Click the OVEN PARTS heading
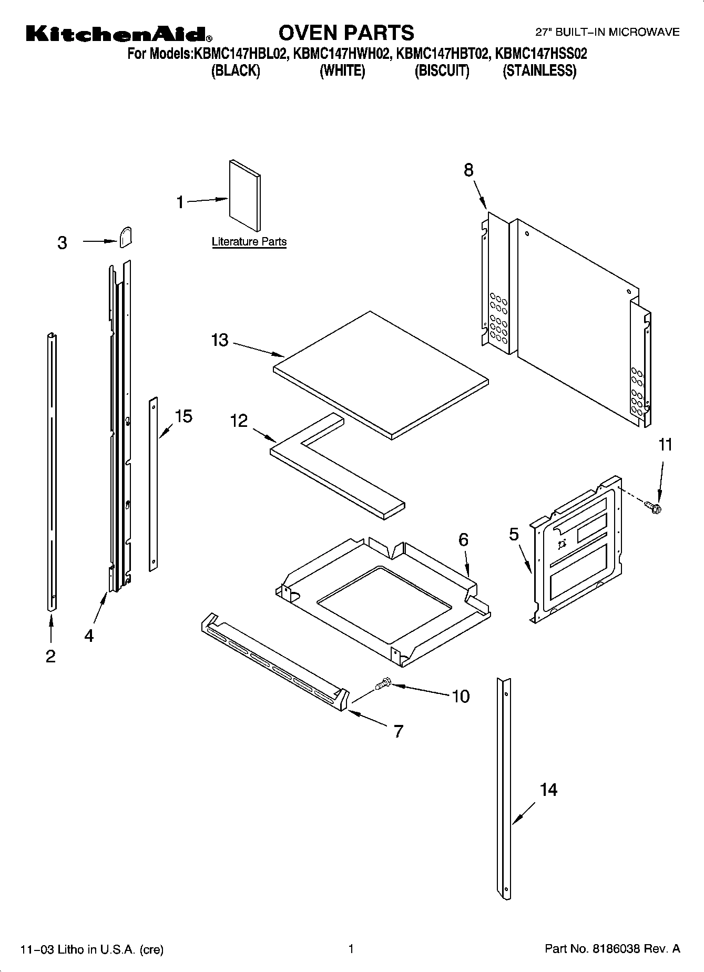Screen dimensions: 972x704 (346, 33)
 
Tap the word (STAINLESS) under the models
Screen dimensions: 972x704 (539, 70)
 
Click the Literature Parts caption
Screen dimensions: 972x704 (249, 242)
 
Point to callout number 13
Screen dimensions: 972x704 (220, 340)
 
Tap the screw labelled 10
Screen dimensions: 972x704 (383, 683)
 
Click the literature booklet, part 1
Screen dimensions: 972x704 (244, 196)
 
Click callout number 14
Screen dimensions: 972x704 (548, 790)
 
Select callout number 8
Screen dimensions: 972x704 (468, 170)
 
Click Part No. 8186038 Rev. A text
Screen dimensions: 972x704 (612, 949)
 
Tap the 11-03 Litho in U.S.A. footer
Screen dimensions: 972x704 (91, 949)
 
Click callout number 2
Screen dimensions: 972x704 (50, 656)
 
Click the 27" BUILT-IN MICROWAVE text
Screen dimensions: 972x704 (607, 33)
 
